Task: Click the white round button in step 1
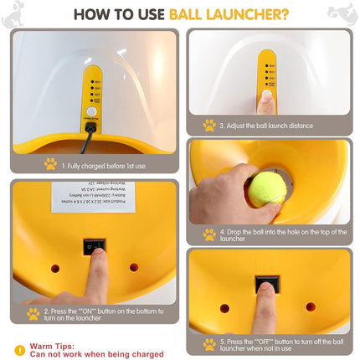(91, 111)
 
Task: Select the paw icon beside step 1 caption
(49, 164)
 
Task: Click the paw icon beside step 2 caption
(33, 314)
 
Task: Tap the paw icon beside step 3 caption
(208, 126)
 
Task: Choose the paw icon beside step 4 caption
(208, 235)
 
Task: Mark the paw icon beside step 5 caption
(208, 344)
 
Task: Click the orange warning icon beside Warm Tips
(19, 350)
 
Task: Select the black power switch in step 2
(94, 246)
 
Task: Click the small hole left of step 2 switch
(54, 269)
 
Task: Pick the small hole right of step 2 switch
(134, 268)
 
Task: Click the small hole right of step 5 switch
(311, 307)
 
